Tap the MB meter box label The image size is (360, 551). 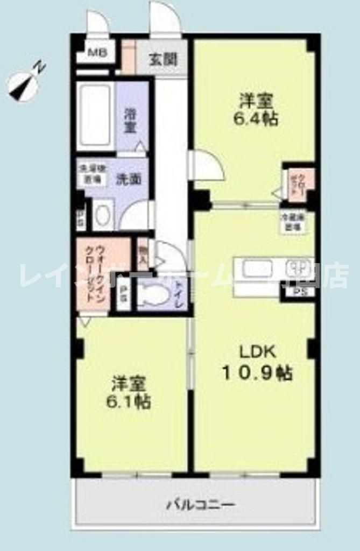[x=97, y=53]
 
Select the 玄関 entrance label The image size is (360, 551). [x=163, y=59]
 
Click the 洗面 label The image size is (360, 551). [x=129, y=179]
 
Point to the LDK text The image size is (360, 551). [x=257, y=352]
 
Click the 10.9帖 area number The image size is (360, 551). [x=258, y=372]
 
